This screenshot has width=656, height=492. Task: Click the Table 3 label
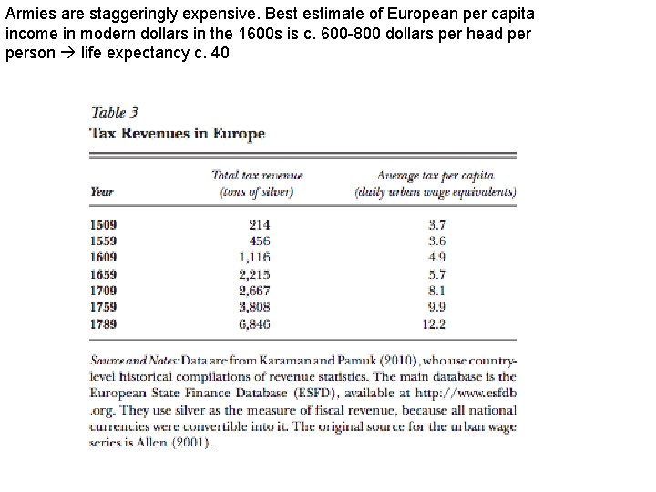pyautogui.click(x=114, y=113)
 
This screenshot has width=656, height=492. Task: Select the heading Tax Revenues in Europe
pyautogui.click(x=177, y=133)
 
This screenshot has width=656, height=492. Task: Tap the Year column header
pyautogui.click(x=101, y=191)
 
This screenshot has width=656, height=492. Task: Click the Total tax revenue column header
pyautogui.click(x=256, y=183)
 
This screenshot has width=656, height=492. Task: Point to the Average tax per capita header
pyautogui.click(x=436, y=183)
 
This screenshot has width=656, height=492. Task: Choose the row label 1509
pyautogui.click(x=104, y=224)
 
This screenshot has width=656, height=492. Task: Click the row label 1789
pyautogui.click(x=104, y=323)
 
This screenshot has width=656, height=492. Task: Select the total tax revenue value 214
pyautogui.click(x=259, y=224)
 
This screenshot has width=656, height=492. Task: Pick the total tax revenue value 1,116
pyautogui.click(x=254, y=257)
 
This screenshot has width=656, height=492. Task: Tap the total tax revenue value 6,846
pyautogui.click(x=254, y=323)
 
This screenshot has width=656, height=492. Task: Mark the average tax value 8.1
pyautogui.click(x=436, y=291)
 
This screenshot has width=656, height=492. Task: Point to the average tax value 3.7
pyautogui.click(x=436, y=224)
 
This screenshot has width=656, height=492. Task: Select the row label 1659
pyautogui.click(x=104, y=273)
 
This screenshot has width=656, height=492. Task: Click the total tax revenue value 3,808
pyautogui.click(x=254, y=307)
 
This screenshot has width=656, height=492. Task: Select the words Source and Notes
pyautogui.click(x=133, y=360)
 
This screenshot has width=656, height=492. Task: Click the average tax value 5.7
pyautogui.click(x=436, y=273)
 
